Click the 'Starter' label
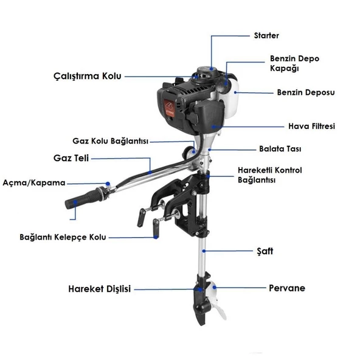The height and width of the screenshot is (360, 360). tap(266, 35)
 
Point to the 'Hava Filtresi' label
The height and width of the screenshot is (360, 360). tap(311, 126)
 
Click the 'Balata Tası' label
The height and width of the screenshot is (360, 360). tap(280, 148)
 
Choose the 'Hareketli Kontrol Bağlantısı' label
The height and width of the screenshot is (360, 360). tap(269, 175)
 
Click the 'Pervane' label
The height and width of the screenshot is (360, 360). tap(286, 288)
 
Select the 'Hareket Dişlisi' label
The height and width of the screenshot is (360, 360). tap(99, 289)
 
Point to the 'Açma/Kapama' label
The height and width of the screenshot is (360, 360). tap(33, 182)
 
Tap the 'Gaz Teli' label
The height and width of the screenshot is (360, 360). tap(71, 158)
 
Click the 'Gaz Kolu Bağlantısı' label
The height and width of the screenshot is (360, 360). tap(110, 140)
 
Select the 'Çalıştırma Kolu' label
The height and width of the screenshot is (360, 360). tap(86, 77)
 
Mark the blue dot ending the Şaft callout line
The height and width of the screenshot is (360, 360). tap(204, 251)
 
